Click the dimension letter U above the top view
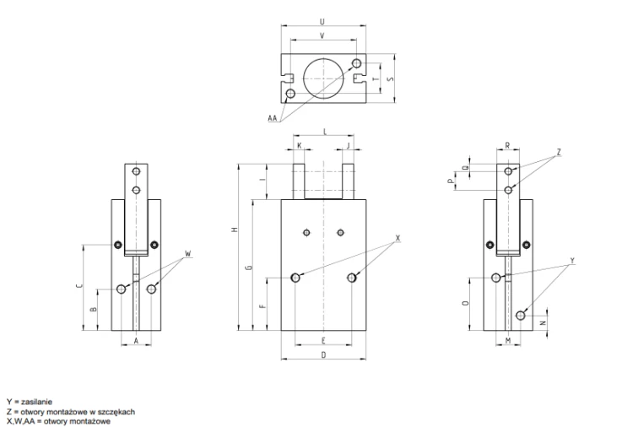322,21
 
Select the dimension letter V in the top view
322,36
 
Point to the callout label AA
273,118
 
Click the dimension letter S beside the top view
390,78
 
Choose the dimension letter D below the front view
323,354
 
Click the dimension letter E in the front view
323,341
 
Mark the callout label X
398,238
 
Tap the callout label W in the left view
187,254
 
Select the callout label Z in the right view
559,152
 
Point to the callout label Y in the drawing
572,261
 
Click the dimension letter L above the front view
325,132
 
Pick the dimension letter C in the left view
79,286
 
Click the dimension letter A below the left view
136,341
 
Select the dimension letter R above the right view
507,146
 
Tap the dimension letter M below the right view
508,341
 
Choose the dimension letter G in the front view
250,267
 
